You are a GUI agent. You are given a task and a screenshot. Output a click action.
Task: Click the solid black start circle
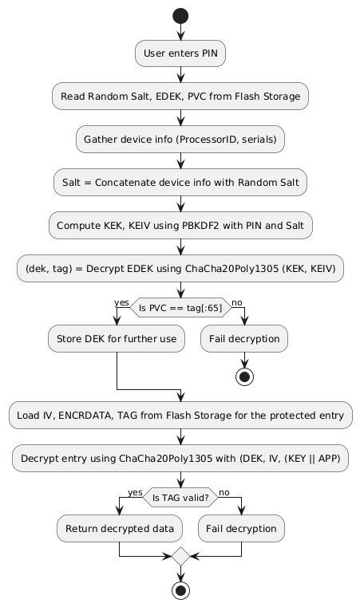180,15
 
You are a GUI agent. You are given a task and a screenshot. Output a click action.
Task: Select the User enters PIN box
180,54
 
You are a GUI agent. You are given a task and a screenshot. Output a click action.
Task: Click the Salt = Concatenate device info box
180,183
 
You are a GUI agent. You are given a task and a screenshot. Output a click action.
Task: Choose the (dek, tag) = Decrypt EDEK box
180,269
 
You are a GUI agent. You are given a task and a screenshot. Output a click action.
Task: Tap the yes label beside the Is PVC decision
122,302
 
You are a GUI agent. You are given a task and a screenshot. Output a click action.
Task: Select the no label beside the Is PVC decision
237,302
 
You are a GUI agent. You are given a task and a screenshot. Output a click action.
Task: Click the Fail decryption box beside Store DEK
243,339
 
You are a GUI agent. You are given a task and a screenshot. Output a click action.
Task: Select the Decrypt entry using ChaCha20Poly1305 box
180,458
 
